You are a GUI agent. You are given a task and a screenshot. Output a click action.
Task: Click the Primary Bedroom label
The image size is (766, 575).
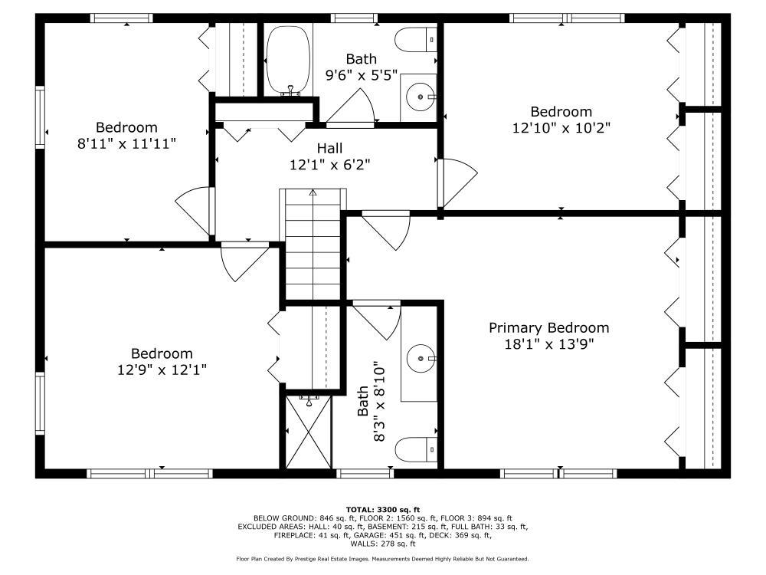[548, 327]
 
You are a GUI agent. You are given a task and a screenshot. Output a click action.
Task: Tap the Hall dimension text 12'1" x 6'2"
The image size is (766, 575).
[329, 164]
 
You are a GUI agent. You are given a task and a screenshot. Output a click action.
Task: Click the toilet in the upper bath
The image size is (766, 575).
[416, 40]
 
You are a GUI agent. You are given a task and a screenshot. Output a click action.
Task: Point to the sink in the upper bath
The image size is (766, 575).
[420, 97]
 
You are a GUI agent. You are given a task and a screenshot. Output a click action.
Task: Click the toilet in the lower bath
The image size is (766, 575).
[416, 449]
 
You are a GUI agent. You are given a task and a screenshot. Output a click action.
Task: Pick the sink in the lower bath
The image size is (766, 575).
[420, 358]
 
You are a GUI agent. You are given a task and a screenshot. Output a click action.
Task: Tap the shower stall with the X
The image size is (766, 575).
[308, 431]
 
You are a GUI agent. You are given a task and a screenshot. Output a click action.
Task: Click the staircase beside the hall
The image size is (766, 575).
[313, 244]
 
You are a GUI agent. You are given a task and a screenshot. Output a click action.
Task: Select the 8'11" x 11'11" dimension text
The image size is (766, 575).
[126, 144]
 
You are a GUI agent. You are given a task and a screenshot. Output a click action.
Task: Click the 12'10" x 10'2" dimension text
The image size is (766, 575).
[561, 127]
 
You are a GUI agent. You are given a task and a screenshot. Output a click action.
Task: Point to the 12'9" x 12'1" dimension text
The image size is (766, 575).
[162, 370]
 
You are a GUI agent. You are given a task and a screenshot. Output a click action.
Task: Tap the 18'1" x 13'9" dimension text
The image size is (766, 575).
[548, 344]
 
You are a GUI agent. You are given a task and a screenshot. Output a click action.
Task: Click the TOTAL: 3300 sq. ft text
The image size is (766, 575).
[383, 510]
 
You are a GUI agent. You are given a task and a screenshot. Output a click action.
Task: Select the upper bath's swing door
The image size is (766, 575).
[350, 107]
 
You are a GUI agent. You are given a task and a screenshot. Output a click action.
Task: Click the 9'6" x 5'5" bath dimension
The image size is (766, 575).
[362, 75]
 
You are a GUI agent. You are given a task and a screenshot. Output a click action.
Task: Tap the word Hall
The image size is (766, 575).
[329, 148]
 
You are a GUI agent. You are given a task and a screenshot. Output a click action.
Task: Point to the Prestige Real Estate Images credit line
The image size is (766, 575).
[382, 559]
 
